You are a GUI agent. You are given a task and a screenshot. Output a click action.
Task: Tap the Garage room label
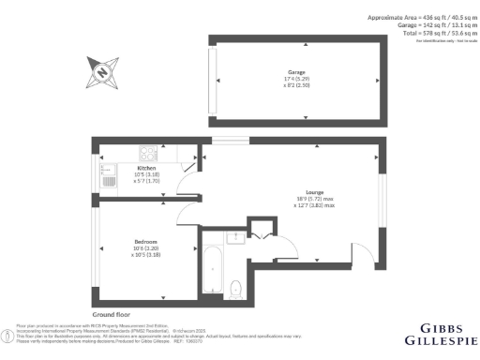(x=297, y=71)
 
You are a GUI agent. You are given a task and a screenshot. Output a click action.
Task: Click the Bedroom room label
(x=143, y=241)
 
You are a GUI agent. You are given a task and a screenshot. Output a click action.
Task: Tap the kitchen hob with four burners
(x=149, y=152)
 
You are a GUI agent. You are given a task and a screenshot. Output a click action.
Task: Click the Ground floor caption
(x=110, y=313)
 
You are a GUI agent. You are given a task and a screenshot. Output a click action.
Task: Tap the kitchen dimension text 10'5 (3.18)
(x=134, y=174)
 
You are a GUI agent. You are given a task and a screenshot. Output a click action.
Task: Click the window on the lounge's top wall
(x=224, y=140)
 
